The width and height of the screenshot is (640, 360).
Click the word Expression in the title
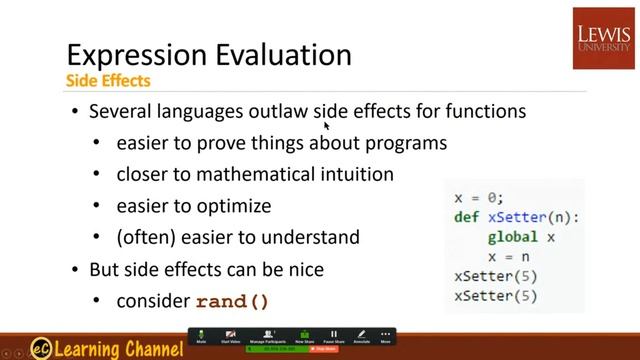(x=130, y=54)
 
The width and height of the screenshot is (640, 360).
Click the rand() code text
(x=232, y=301)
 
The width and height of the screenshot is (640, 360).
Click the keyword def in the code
(x=466, y=217)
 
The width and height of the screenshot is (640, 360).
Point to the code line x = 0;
(x=479, y=198)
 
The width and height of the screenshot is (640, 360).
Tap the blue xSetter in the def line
(x=518, y=217)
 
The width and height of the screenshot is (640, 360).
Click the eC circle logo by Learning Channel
(x=41, y=347)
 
